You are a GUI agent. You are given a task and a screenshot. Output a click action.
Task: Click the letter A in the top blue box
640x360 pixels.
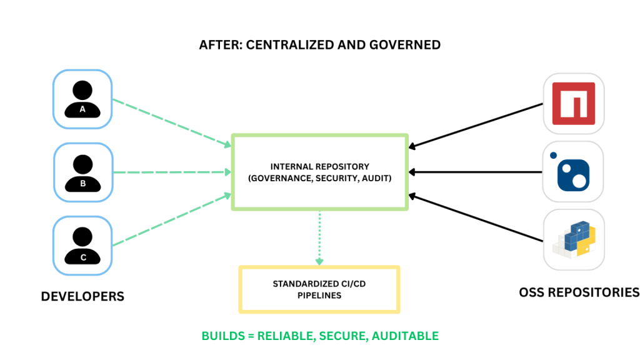(x=82, y=109)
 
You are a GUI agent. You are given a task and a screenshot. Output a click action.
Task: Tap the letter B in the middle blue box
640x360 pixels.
(x=82, y=184)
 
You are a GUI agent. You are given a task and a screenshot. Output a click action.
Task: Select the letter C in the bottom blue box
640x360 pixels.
(x=83, y=257)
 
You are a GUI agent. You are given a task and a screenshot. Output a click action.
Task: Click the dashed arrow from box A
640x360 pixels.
(x=169, y=121)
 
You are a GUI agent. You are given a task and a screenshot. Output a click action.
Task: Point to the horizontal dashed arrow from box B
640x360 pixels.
(x=169, y=172)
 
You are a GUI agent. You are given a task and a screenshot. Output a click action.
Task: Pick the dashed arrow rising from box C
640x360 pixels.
(x=169, y=220)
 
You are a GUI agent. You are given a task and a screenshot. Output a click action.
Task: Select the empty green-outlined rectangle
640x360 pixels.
(x=319, y=172)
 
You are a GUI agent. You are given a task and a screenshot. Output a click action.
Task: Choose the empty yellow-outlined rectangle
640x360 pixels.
(x=319, y=289)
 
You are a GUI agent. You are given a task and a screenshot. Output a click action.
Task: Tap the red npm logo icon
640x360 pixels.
(x=573, y=103)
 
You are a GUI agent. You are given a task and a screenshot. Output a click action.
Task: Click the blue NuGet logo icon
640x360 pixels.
(x=573, y=172)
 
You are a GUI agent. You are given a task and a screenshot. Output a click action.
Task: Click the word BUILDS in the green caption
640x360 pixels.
(x=222, y=336)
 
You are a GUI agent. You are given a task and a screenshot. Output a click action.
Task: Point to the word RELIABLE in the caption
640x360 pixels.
(x=284, y=336)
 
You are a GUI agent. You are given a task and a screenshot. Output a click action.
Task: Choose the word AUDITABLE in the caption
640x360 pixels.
(x=405, y=336)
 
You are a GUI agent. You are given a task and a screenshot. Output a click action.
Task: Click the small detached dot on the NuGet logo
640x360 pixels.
(x=553, y=156)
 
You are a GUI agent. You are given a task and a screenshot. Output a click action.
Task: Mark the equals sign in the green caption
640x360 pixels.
(x=251, y=336)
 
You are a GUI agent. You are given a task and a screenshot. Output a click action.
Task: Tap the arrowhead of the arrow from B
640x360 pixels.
(x=227, y=172)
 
